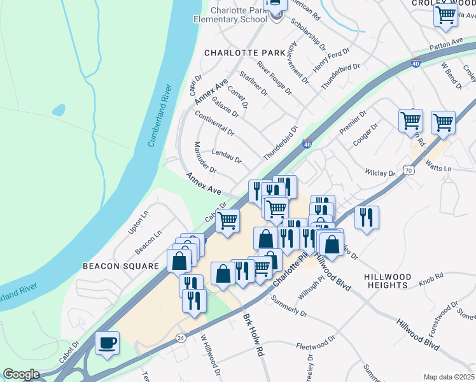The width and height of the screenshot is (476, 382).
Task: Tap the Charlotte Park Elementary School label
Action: coord(230,14)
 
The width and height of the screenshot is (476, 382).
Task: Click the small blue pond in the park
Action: coord(59,110)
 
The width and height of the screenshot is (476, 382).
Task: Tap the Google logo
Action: coord(22,374)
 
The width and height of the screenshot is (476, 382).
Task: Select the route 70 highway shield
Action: coord(408,170)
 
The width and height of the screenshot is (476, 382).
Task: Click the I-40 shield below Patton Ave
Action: coord(416,64)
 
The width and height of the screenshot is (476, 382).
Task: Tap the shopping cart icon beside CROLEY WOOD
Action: coord(445,15)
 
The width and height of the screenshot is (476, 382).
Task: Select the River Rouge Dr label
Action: coord(274,78)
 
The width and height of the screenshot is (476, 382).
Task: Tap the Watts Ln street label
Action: coord(438,169)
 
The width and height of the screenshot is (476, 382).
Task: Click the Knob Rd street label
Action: coord(431,281)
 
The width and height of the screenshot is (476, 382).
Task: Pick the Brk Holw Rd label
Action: coord(253,334)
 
